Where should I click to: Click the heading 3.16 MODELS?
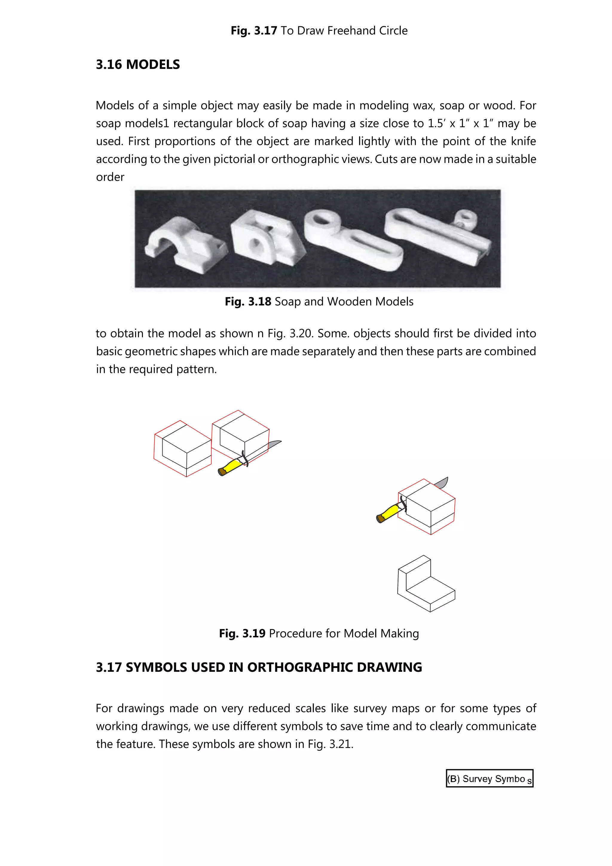coord(138,65)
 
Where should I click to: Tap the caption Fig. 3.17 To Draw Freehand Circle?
coord(319,30)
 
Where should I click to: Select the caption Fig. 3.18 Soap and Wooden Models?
coord(319,301)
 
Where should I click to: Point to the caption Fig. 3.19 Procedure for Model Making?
coord(319,633)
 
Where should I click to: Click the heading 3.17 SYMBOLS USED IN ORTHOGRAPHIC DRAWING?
coord(259,667)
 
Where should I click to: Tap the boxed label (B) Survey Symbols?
coord(489,778)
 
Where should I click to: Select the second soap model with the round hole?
coord(264,241)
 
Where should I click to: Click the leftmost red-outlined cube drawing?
coord(183,449)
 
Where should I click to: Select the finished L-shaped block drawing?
coord(426,584)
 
